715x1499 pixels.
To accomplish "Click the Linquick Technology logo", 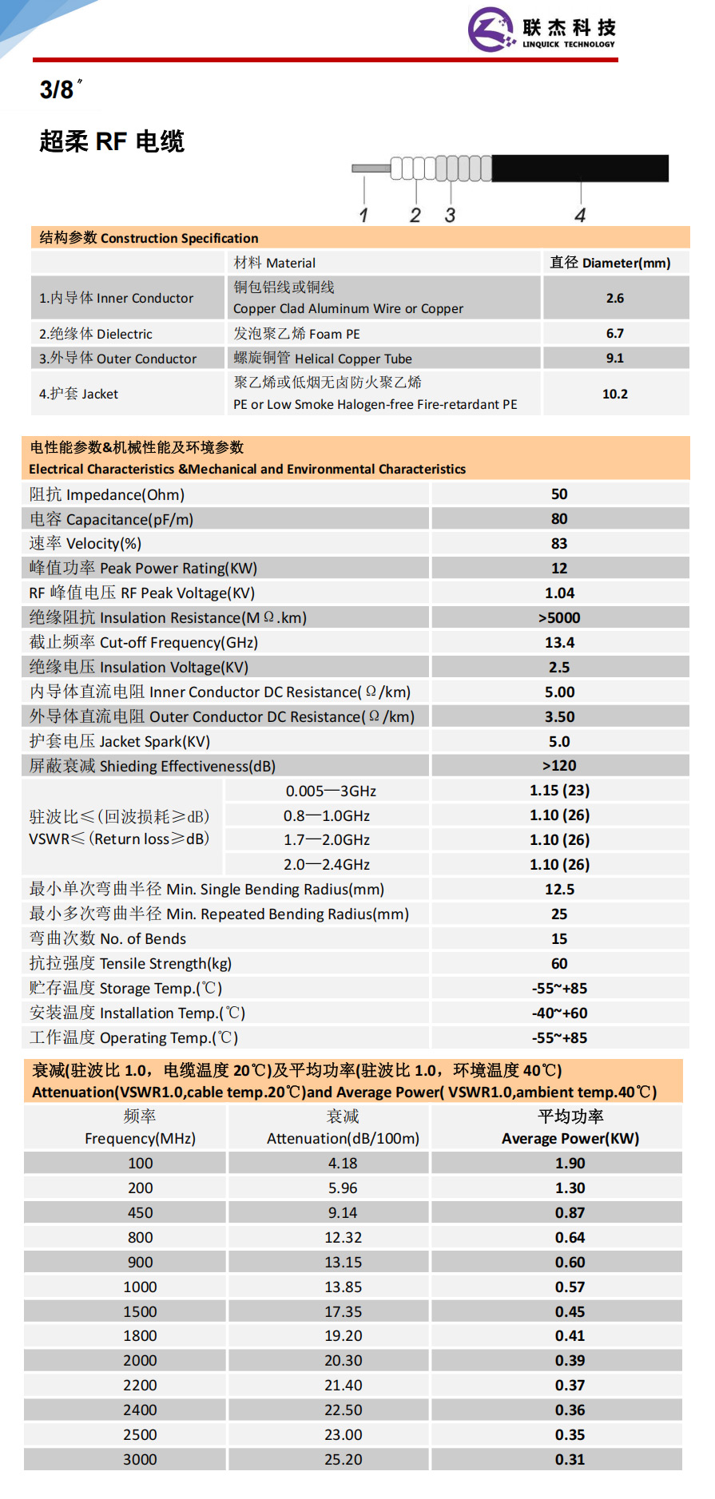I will (542, 30).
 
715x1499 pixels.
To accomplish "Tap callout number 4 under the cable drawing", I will (580, 215).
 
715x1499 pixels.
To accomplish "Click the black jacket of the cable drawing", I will (579, 169).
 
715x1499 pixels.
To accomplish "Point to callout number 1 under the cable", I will (363, 215).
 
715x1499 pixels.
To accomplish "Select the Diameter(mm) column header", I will (610, 263).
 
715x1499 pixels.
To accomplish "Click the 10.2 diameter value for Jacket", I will (614, 394).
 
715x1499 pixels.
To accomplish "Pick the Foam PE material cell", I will (296, 334).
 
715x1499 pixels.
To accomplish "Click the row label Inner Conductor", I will (117, 298).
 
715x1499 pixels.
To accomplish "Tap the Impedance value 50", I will (559, 494).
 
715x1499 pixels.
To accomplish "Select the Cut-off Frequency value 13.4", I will (559, 642).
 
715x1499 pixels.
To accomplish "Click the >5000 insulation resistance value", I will (559, 617).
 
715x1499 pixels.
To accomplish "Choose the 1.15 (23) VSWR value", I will (559, 790).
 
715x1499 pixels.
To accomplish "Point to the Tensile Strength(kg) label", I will (130, 963).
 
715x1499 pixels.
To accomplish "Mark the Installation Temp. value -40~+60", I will (559, 1013).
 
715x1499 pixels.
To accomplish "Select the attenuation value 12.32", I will (343, 1237).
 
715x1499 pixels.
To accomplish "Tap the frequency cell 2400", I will (140, 1410).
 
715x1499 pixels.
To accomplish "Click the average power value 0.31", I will (570, 1459).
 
